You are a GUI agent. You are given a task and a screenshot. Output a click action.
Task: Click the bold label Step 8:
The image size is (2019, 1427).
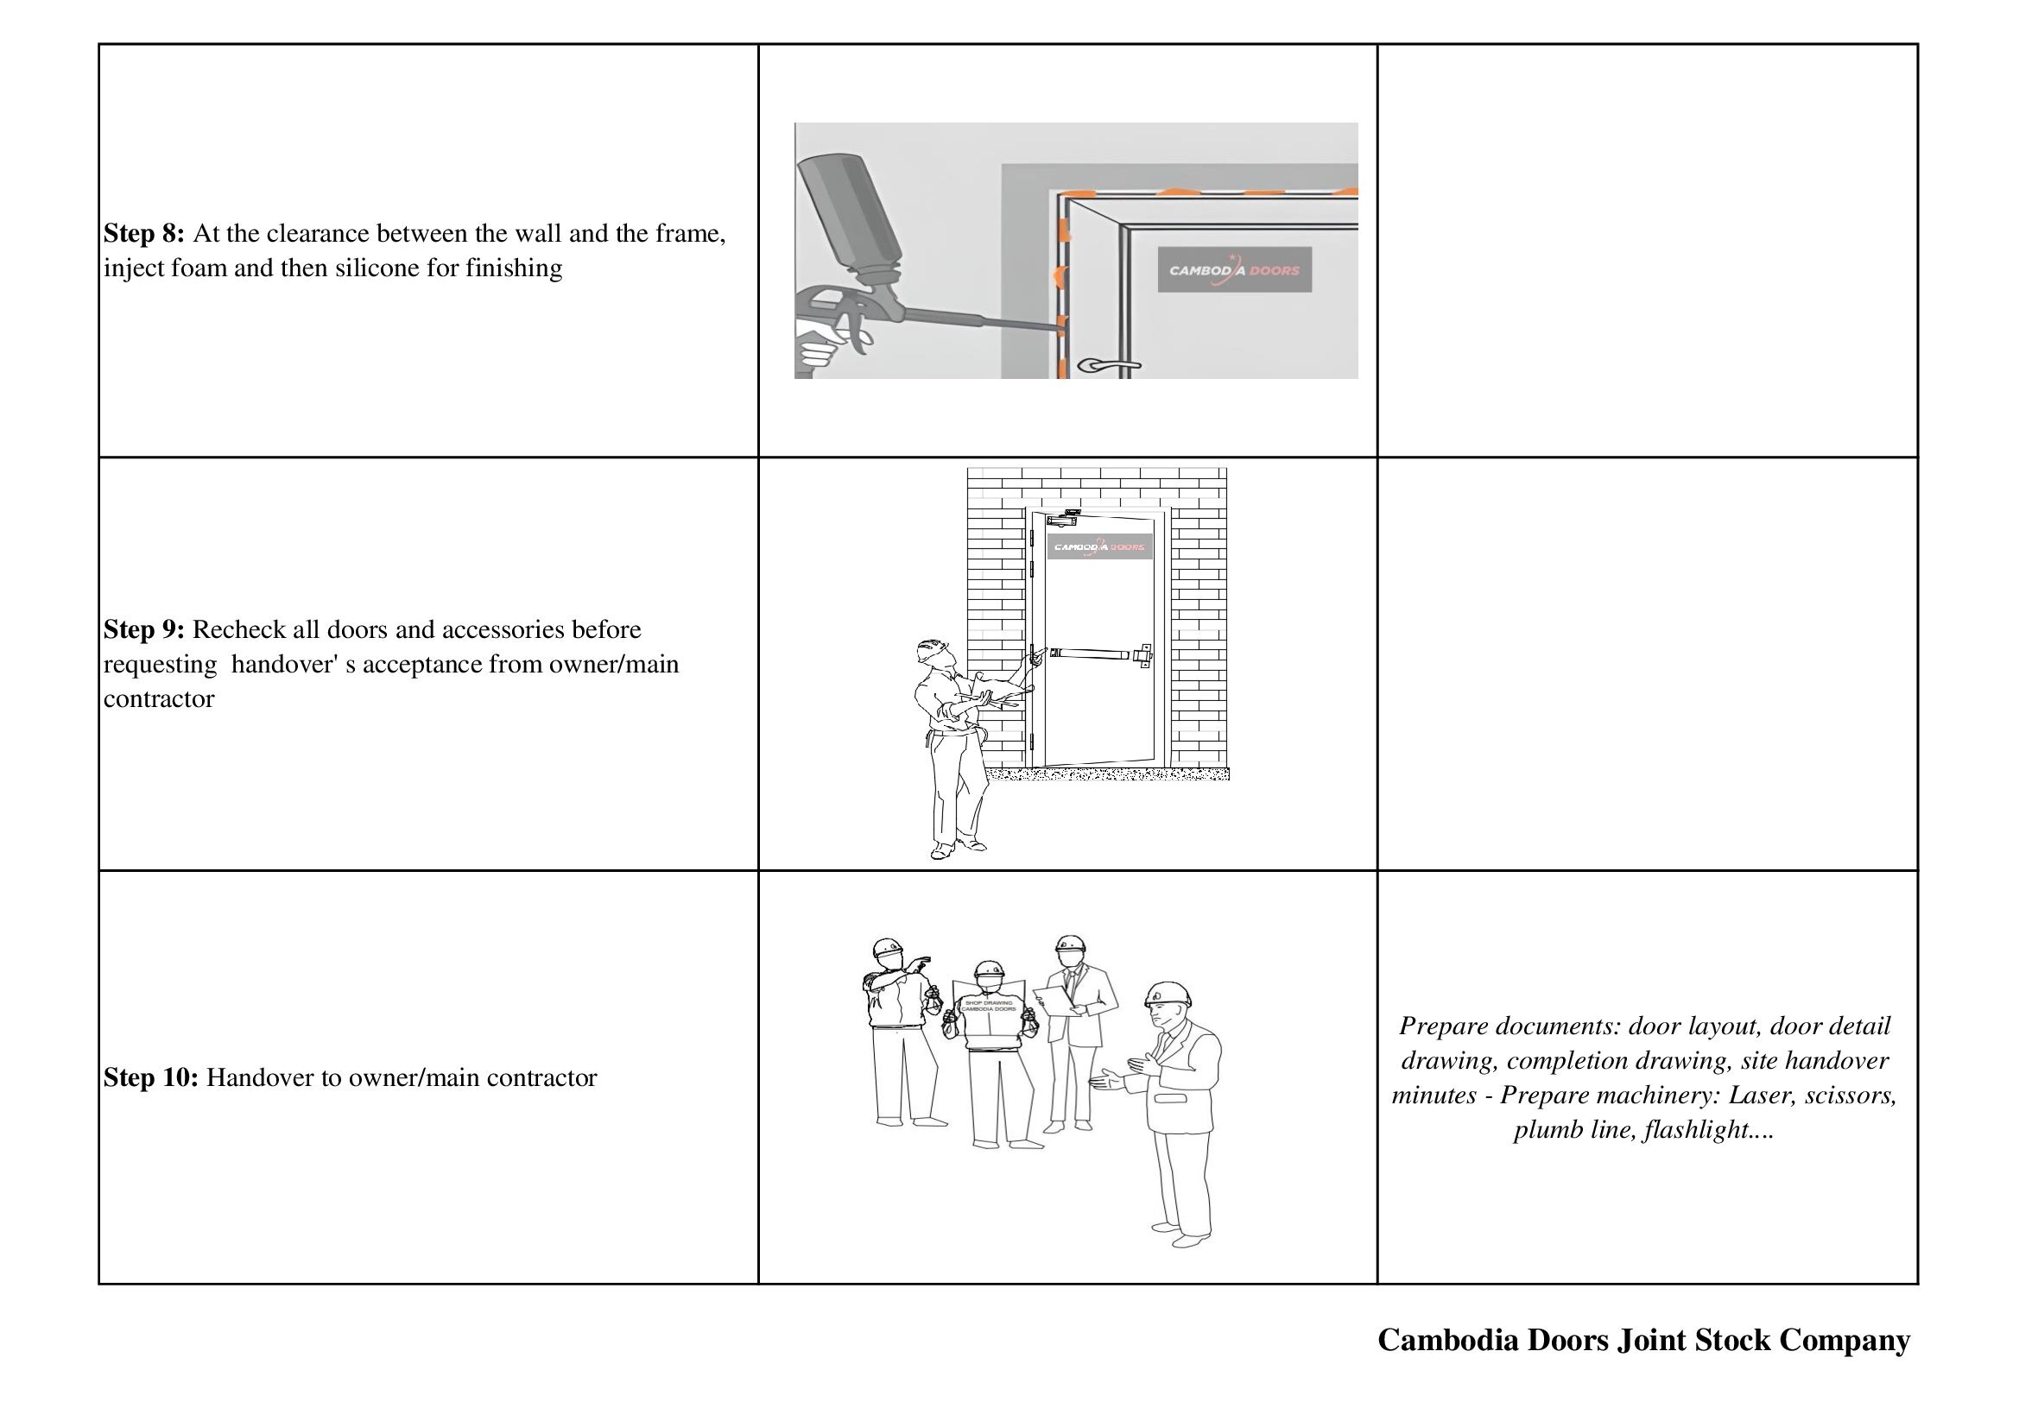pos(143,234)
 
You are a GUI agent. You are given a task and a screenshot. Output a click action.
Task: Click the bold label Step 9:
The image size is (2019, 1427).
pos(143,629)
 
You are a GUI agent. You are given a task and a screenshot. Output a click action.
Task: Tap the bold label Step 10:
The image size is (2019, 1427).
pos(150,1078)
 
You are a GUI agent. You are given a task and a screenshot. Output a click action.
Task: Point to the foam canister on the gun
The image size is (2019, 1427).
pos(851,211)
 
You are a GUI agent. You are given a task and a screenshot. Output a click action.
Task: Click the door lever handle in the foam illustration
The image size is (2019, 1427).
pos(1109,364)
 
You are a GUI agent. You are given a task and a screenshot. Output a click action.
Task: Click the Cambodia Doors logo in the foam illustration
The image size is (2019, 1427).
pos(1234,270)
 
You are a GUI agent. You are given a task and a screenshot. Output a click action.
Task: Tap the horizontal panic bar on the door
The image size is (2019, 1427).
pos(1091,654)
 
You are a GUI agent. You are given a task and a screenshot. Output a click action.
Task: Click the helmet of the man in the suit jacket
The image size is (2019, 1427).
pos(1168,994)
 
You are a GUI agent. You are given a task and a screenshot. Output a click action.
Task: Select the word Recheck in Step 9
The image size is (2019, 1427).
pos(240,629)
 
